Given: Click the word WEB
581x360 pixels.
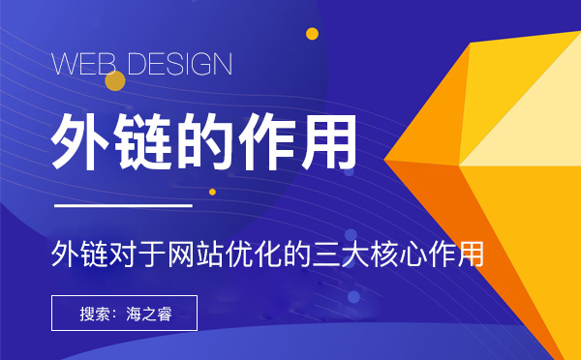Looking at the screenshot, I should point(82,65).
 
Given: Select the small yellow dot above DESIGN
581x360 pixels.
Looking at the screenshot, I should point(312,34).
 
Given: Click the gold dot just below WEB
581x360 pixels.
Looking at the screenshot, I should point(114,81).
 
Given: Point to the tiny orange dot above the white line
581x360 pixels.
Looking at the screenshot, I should point(213,192).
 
